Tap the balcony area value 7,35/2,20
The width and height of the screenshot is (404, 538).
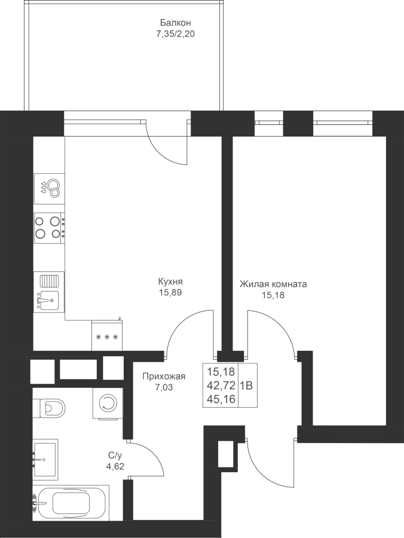tap(175, 34)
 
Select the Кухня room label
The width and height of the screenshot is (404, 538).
tap(170, 282)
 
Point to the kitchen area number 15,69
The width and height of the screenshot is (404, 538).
tap(170, 293)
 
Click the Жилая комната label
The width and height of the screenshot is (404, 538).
tap(273, 285)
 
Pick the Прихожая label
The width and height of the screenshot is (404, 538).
tap(164, 377)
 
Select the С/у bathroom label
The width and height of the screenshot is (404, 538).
tap(113, 456)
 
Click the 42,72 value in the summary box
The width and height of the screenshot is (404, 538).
tap(221, 386)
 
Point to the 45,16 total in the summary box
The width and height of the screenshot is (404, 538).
tap(221, 397)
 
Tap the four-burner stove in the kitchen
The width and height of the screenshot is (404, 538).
tap(49, 227)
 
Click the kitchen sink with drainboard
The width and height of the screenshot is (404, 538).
tap(49, 292)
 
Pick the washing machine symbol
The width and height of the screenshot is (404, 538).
tap(108, 403)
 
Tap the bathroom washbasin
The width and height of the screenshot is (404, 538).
tap(45, 459)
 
